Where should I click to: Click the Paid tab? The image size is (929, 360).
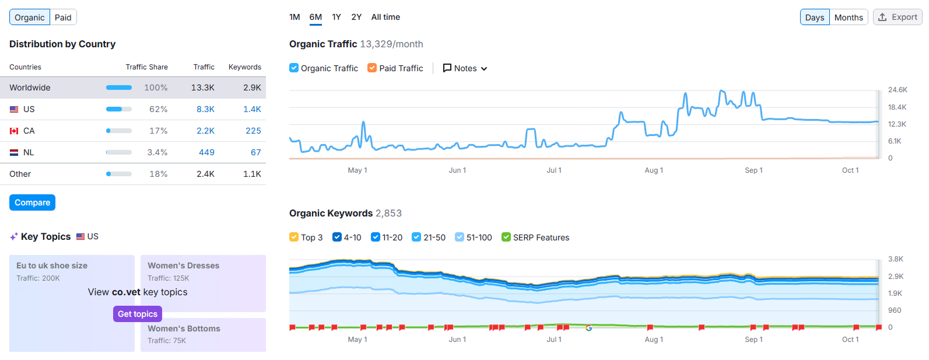[63, 18]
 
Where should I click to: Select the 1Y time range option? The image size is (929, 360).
[336, 17]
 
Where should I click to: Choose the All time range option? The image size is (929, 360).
[385, 17]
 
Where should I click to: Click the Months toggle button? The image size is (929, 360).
[848, 18]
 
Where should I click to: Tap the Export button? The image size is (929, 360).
[898, 18]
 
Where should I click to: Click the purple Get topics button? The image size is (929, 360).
[138, 314]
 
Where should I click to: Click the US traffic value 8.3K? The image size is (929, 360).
[205, 109]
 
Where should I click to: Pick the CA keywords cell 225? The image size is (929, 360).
[253, 131]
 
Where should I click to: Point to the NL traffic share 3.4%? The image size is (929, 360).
[157, 152]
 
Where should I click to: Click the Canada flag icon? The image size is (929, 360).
[14, 131]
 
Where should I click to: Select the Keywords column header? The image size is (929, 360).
[244, 67]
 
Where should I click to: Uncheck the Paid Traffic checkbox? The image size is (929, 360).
[372, 68]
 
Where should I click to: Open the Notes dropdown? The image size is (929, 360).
[465, 68]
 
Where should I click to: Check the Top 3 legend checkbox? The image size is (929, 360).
[294, 237]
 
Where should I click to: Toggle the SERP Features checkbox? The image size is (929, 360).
[506, 237]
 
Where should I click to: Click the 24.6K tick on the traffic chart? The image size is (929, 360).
[898, 90]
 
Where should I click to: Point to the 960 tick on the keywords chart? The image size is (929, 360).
[895, 310]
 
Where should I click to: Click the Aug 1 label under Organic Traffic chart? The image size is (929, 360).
[654, 170]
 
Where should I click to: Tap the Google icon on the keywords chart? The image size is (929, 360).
[589, 328]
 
